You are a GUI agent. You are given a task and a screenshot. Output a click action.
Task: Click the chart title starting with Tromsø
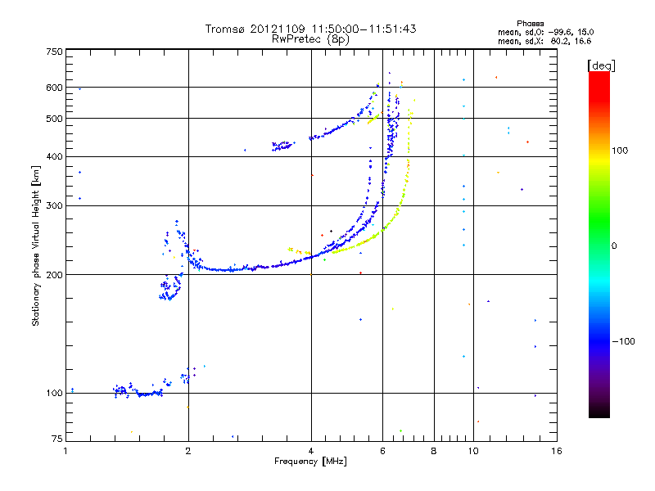point(311,29)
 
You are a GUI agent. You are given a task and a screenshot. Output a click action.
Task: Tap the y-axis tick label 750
point(54,52)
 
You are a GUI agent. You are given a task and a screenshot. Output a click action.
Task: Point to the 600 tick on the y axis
point(54,88)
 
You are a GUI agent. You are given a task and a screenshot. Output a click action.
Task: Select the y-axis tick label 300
point(54,206)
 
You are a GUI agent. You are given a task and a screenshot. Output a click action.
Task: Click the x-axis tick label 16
point(556,451)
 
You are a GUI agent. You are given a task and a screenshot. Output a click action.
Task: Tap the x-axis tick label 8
point(434,451)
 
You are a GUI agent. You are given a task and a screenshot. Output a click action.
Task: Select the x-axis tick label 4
point(311,451)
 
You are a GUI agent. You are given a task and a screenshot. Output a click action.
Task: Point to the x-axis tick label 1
point(65,451)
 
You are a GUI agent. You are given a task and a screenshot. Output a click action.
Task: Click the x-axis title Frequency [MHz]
point(311,462)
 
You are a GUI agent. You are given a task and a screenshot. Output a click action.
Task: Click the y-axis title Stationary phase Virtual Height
point(36,245)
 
